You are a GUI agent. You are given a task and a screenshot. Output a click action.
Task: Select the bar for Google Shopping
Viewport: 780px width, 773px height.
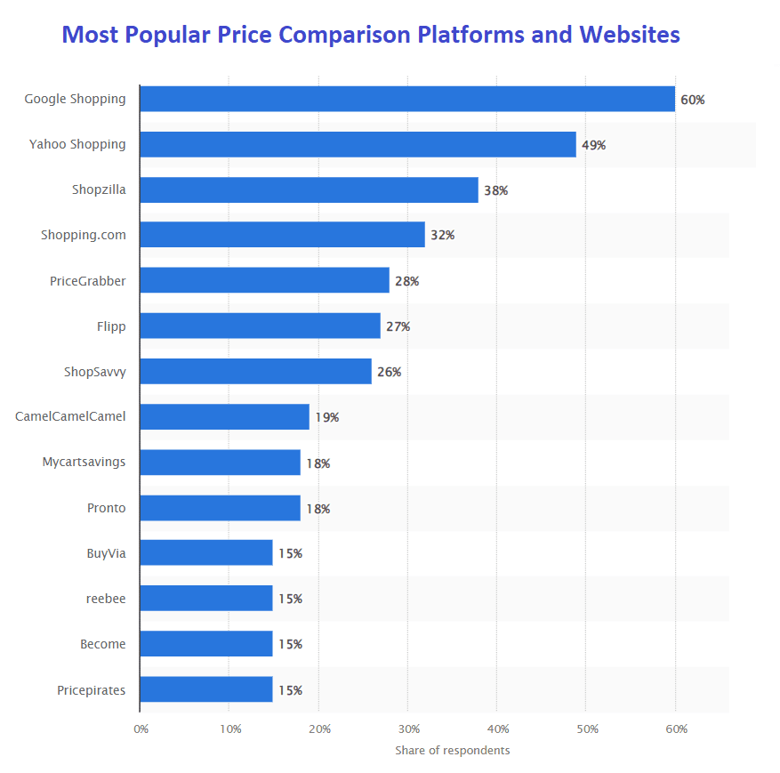pyautogui.click(x=406, y=99)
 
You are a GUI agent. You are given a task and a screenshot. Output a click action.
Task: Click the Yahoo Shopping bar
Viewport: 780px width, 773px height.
pyautogui.click(x=358, y=144)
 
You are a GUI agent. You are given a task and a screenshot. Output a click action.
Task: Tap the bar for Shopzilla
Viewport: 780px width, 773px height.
pyautogui.click(x=309, y=189)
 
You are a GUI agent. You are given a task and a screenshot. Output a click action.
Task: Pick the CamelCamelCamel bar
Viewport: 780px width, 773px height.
pyautogui.click(x=224, y=416)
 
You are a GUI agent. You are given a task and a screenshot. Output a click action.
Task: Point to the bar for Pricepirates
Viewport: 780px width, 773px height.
pyautogui.click(x=206, y=689)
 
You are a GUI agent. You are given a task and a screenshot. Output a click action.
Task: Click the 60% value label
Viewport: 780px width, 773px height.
pyautogui.click(x=692, y=100)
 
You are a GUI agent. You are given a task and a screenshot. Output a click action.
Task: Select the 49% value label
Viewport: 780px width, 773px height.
pyautogui.click(x=593, y=145)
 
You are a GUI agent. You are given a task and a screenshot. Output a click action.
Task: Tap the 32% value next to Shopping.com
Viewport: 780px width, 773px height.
pyautogui.click(x=442, y=236)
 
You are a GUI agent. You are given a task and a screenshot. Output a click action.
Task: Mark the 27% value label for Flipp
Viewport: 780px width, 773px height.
pyautogui.click(x=398, y=326)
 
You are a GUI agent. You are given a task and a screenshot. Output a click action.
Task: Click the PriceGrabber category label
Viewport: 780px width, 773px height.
pyautogui.click(x=88, y=281)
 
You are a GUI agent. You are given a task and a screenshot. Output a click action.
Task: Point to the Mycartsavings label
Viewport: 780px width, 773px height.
pyautogui.click(x=84, y=463)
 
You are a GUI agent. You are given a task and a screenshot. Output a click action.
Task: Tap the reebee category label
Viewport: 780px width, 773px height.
pyautogui.click(x=106, y=599)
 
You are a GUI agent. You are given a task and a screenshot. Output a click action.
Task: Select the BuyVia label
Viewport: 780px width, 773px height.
pyautogui.click(x=106, y=553)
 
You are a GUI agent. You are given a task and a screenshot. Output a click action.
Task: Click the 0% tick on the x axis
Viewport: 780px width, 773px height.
pyautogui.click(x=141, y=729)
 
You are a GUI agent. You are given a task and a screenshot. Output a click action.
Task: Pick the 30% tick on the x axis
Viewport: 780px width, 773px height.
pyautogui.click(x=408, y=729)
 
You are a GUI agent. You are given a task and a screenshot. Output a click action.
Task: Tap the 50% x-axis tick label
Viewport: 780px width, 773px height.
pyautogui.click(x=587, y=729)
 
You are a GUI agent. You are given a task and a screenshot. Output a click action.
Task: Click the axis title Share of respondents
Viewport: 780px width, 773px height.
pyautogui.click(x=453, y=750)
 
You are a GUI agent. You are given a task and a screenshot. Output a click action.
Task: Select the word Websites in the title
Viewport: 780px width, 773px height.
pyautogui.click(x=630, y=35)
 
